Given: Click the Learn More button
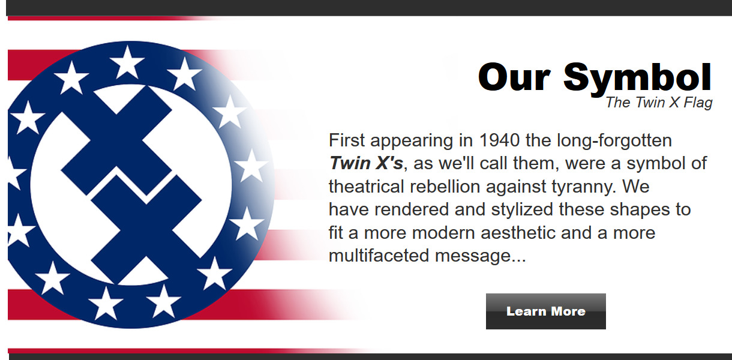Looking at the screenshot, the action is [x=546, y=311].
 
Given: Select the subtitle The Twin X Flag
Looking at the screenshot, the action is [x=659, y=103].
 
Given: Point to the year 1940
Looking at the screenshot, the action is [x=499, y=140].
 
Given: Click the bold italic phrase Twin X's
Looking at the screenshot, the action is [x=366, y=163].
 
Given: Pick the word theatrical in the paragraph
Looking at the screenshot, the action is [x=367, y=187].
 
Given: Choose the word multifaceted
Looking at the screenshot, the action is [x=379, y=256].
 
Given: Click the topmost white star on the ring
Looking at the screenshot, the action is [x=127, y=62].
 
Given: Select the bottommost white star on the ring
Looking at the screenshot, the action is [x=106, y=304].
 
